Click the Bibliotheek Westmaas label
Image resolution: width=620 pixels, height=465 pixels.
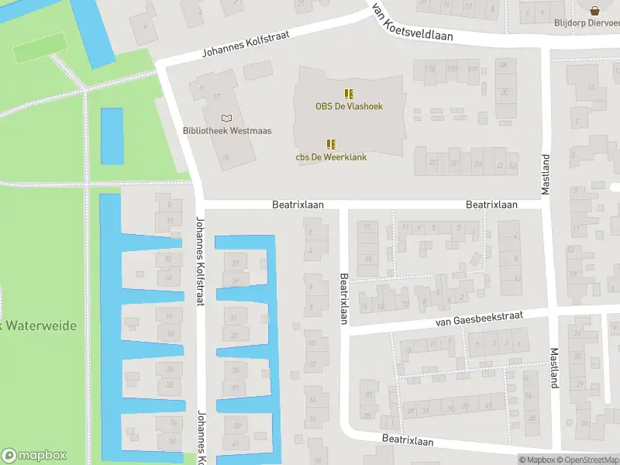click(227, 131)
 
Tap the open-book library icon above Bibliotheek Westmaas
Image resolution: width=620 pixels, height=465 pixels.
click(226, 118)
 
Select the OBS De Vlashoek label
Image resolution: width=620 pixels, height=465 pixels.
click(349, 106)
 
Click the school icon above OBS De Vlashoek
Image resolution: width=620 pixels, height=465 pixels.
click(349, 93)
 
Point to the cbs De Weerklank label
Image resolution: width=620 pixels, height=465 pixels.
click(331, 157)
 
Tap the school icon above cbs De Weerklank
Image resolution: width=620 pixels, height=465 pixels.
click(331, 143)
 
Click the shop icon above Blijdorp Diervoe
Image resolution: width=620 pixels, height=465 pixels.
click(595, 10)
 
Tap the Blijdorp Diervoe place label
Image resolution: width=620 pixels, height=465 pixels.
click(587, 22)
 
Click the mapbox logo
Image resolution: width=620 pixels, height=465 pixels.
click(34, 456)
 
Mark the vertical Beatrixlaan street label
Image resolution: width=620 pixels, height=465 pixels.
click(343, 298)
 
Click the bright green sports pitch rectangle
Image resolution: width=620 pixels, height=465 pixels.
click(38, 51)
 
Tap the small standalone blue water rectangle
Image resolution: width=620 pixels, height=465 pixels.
click(112, 136)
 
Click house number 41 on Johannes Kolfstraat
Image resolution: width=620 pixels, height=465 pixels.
click(236, 443)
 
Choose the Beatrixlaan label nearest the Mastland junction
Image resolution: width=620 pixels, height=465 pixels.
click(491, 205)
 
